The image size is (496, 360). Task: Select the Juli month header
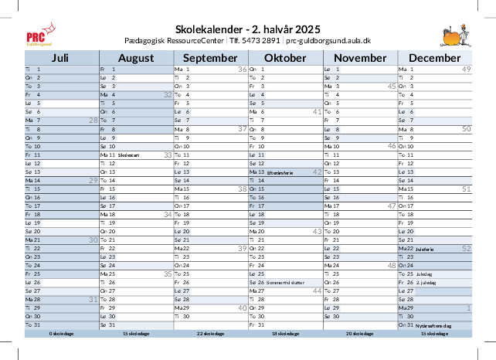[60, 58]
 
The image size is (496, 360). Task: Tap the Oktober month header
[285, 58]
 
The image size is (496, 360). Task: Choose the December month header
[434, 58]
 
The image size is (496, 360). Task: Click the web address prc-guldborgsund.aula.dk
[328, 39]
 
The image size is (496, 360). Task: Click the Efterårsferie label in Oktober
[277, 172]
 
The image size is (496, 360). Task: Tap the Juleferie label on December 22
[425, 250]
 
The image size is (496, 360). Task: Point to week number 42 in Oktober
[317, 172]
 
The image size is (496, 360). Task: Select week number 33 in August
[168, 155]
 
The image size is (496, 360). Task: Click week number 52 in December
[467, 249]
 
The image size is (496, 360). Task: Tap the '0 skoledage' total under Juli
[61, 334]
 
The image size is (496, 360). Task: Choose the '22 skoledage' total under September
[210, 334]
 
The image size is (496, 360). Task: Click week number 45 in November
[392, 87]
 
